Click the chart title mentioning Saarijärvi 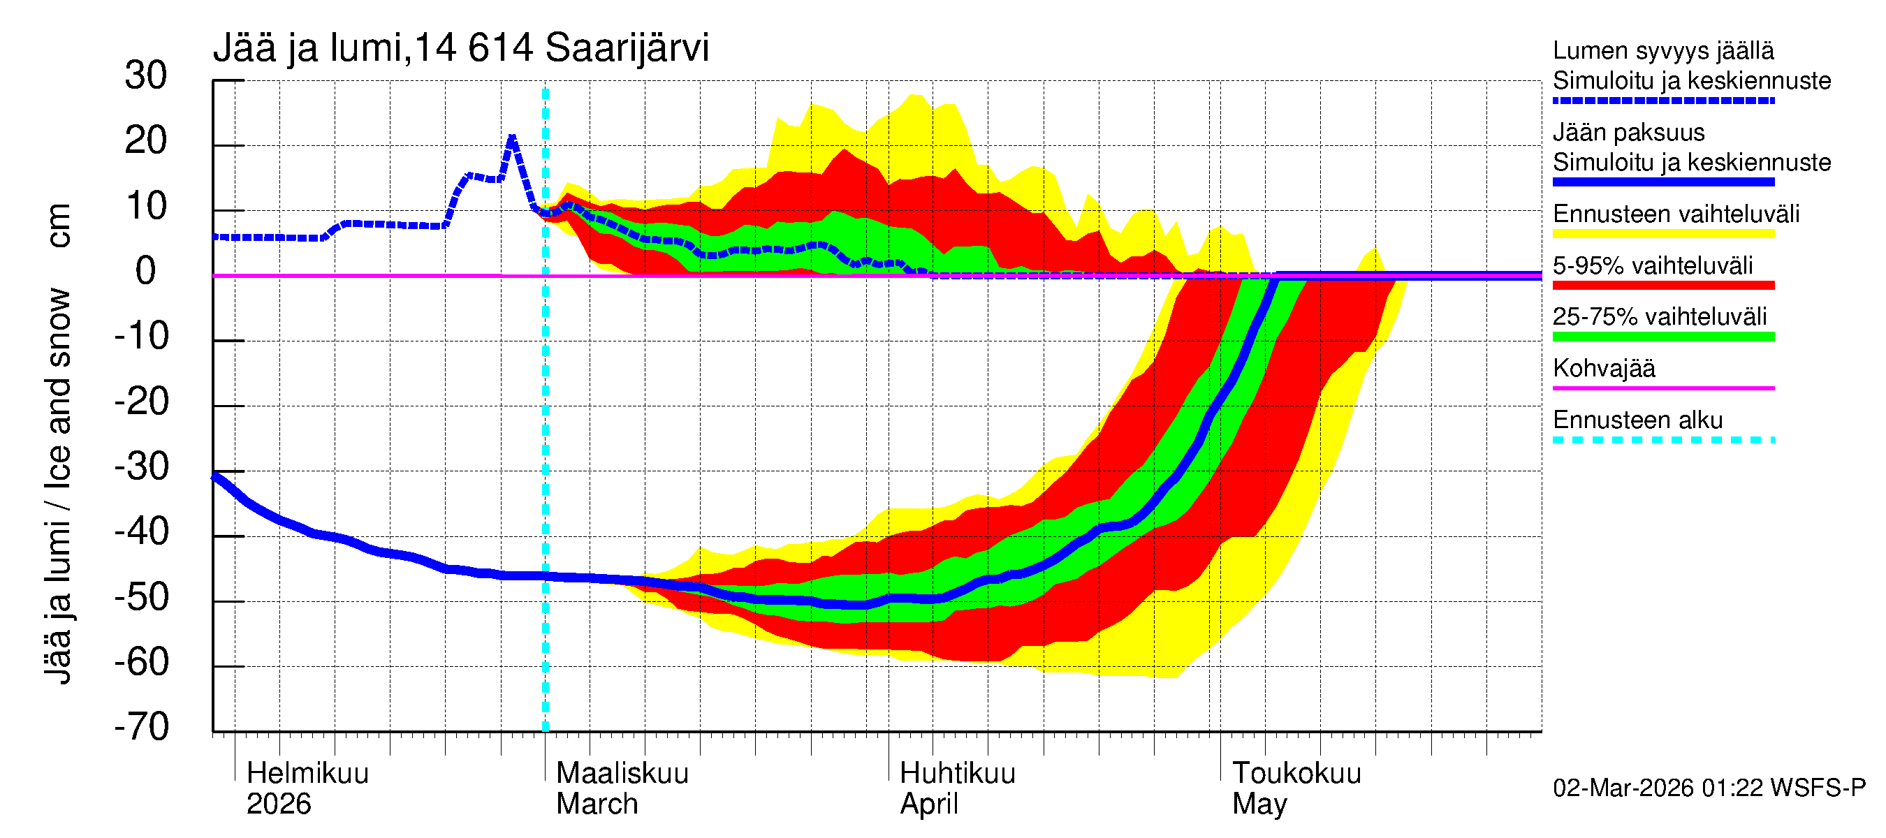(460, 48)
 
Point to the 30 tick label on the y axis (146, 76)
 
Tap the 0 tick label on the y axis (146, 272)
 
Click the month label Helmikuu (307, 774)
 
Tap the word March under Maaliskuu (597, 804)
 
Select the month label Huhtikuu (957, 774)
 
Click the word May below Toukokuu (1259, 804)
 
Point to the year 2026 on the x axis (278, 804)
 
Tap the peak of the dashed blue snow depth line (512, 136)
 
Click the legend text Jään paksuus (1628, 133)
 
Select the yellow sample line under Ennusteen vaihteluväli (1662, 234)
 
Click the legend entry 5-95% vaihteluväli (1653, 265)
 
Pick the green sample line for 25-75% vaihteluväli (1662, 337)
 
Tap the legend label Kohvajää (1603, 368)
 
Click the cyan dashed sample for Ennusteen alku (1662, 440)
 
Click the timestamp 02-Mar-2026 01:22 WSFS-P (1709, 788)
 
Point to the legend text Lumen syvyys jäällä (1662, 51)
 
